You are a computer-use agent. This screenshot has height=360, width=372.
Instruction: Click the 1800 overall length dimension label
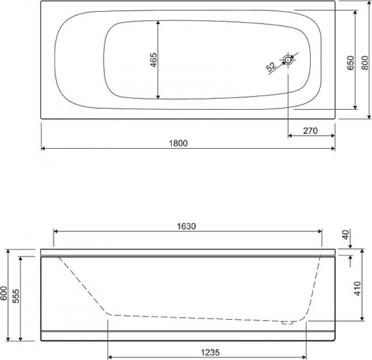[x=178, y=143]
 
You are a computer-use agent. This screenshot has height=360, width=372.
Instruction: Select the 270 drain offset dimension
[x=310, y=131]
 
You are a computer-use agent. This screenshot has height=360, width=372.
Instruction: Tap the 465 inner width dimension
[x=154, y=59]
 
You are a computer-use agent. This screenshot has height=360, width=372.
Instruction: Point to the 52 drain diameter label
[x=271, y=67]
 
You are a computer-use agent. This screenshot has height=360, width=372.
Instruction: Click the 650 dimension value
[x=351, y=63]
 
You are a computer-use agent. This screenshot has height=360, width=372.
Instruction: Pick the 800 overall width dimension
[x=365, y=63]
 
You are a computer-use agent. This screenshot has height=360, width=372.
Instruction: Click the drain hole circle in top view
[x=288, y=60]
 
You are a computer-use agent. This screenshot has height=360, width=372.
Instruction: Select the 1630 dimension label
[x=187, y=226]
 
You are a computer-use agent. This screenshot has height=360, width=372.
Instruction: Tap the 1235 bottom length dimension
[x=210, y=353]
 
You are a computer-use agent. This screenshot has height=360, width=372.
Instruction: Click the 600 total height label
[x=4, y=293]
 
